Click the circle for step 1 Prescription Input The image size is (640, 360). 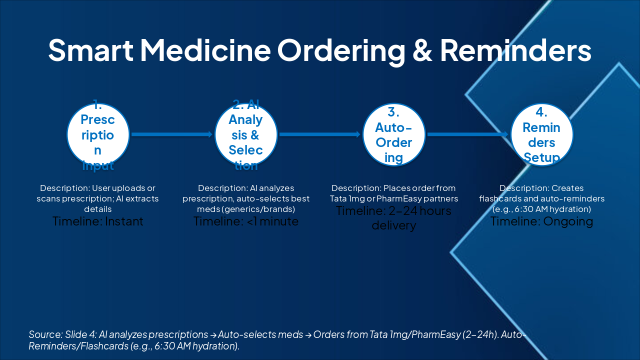98,134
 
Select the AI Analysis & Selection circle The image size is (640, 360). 245,134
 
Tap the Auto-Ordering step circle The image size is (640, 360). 393,134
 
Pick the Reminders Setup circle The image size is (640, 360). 541,134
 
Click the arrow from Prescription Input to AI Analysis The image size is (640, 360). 172,134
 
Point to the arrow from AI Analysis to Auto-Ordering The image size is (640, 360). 320,134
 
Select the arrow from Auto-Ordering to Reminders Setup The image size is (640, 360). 468,134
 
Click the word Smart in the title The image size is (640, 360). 90,50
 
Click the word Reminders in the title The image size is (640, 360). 515,50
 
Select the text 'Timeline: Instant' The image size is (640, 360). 98,221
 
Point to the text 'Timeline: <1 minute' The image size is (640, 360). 245,221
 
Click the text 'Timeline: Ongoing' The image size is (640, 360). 541,221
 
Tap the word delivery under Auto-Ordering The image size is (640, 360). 393,225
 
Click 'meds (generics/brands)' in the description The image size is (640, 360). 245,209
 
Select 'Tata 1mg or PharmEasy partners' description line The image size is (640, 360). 393,198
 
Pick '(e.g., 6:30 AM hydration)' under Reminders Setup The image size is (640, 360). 541,209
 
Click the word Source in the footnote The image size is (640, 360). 43,334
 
